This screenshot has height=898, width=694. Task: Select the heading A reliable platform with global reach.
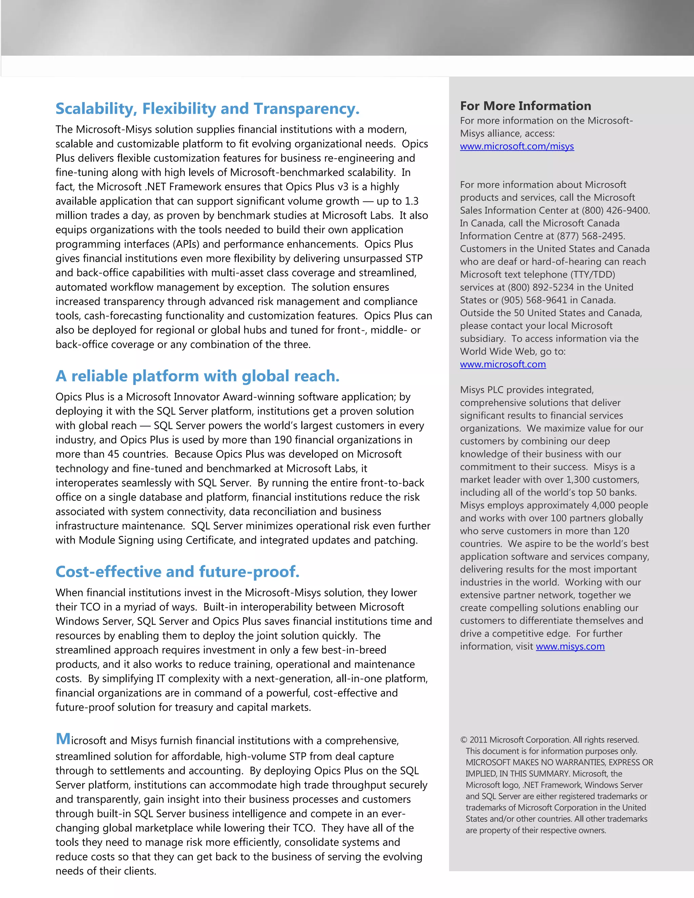[x=197, y=376]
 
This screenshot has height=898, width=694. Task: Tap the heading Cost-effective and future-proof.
[x=177, y=572]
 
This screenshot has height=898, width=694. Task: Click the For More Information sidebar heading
[x=526, y=106]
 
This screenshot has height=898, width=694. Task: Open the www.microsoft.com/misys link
[x=517, y=146]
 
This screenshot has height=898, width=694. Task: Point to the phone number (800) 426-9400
[x=615, y=210]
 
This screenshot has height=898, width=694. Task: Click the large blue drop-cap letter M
[x=63, y=739]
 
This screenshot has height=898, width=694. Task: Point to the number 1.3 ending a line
[x=411, y=201]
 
